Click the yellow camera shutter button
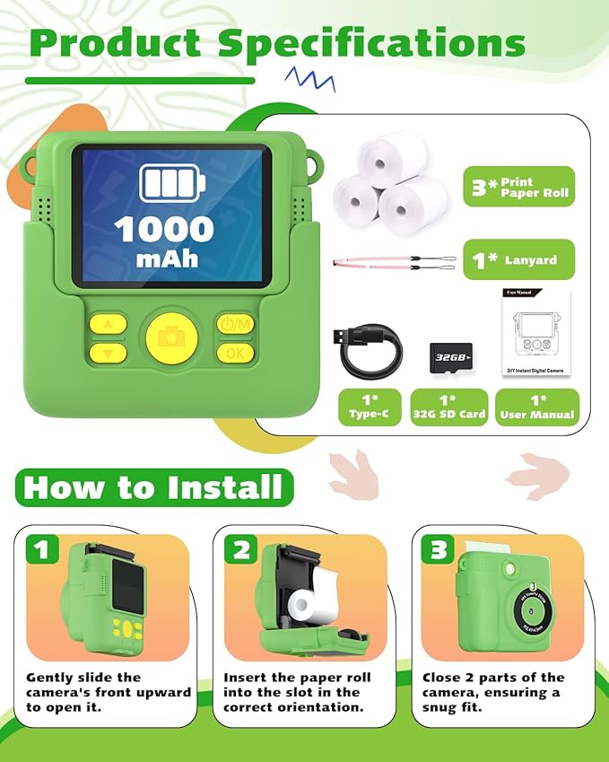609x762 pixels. click(172, 337)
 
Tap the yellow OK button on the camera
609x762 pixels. click(235, 353)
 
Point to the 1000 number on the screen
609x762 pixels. click(164, 229)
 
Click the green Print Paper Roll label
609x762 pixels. click(518, 188)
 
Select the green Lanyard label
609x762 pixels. click(518, 260)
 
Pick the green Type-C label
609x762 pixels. click(369, 407)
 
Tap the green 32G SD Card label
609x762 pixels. click(449, 407)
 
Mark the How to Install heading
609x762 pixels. click(153, 487)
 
